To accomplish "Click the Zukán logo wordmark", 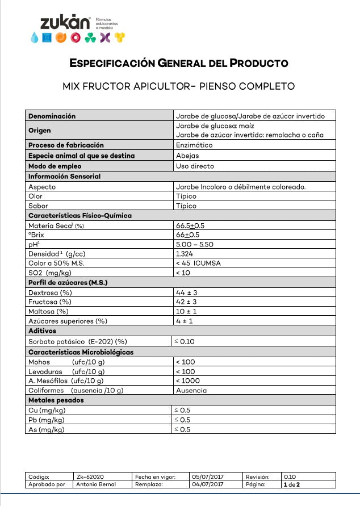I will pyautogui.click(x=65, y=23).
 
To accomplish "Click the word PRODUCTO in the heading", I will pyautogui.click(x=259, y=63).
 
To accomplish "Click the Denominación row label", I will pyautogui.click(x=52, y=116).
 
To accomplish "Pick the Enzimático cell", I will pyautogui.click(x=194, y=145).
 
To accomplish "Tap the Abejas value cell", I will pyautogui.click(x=187, y=156).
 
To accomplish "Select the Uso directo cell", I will pyautogui.click(x=195, y=166).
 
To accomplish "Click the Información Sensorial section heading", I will pyautogui.click(x=64, y=176).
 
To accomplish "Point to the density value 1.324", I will pyautogui.click(x=185, y=253).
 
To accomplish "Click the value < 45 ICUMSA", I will pyautogui.click(x=198, y=263).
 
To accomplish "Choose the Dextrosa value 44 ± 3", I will pyautogui.click(x=186, y=292).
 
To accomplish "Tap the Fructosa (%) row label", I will pyautogui.click(x=50, y=302).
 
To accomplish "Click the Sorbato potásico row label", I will pyautogui.click(x=77, y=341).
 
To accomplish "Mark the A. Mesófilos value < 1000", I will pyautogui.click(x=187, y=380).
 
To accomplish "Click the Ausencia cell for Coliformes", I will pyautogui.click(x=191, y=390).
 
